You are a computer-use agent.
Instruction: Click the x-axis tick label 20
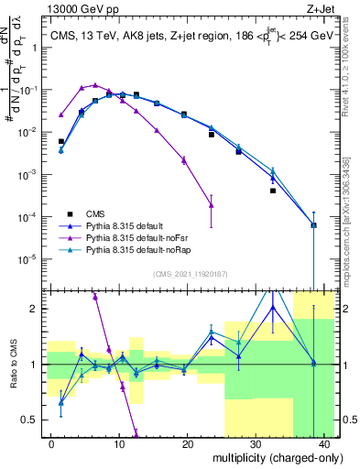pos(188,443)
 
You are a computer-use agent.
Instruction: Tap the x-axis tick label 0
pos(50,443)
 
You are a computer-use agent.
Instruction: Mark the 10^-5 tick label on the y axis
pos(29,258)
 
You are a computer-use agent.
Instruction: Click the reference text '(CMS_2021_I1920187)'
pos(190,273)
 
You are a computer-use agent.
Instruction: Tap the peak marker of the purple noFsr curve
pos(95,85)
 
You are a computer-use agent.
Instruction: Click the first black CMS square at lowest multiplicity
pos(61,142)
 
